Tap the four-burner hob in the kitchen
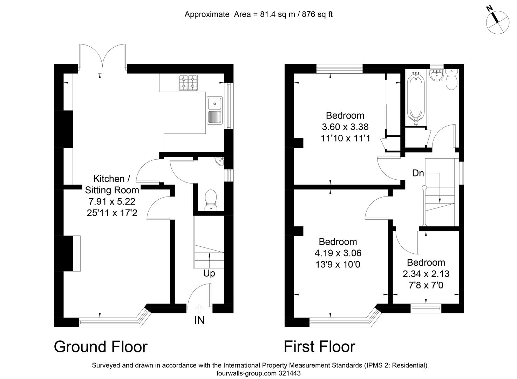[188, 82]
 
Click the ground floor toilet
[211, 200]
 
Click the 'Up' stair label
[209, 274]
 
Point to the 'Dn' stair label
[418, 173]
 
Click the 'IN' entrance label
[199, 320]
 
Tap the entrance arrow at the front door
[199, 309]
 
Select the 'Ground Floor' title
[101, 347]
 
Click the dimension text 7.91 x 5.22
[112, 201]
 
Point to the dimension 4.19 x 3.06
[338, 253]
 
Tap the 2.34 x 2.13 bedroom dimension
[426, 274]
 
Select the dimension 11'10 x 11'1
[345, 138]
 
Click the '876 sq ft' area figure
[317, 14]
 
